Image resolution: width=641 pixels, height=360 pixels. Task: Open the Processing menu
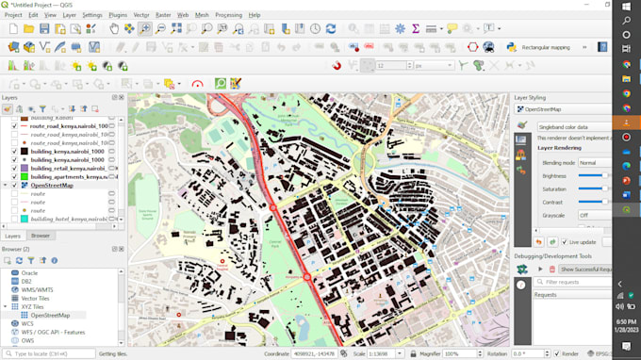(x=228, y=15)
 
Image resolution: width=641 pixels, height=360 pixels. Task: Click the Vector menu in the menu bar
(x=141, y=15)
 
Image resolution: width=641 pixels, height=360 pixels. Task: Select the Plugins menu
(x=118, y=15)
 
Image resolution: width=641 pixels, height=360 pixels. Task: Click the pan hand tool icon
(x=114, y=29)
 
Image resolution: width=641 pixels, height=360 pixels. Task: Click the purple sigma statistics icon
(x=416, y=29)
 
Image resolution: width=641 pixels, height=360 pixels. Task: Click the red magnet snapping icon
(x=337, y=66)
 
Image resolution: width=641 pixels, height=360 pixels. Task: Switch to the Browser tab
(x=41, y=236)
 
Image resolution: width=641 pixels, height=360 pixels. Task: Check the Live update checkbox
(x=563, y=242)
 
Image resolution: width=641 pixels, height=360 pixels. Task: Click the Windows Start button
(x=627, y=8)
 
